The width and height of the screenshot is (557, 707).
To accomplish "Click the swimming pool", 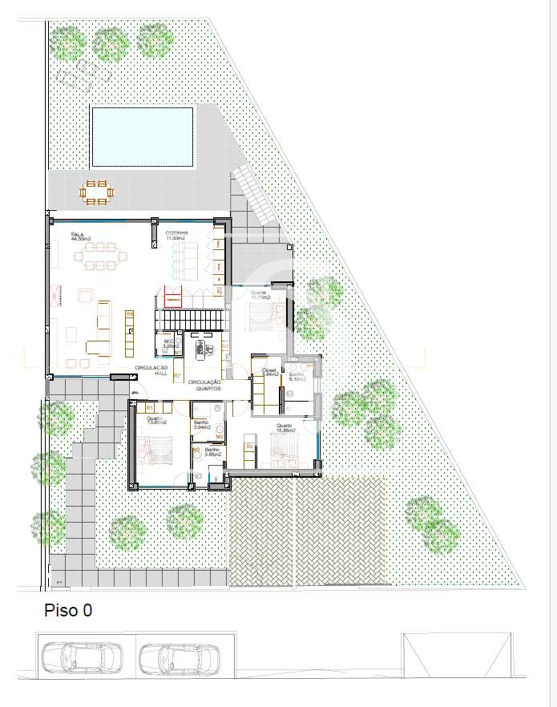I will [143, 135].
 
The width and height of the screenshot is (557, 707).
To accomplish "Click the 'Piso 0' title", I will [68, 611].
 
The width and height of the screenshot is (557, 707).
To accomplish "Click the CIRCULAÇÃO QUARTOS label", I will [205, 385].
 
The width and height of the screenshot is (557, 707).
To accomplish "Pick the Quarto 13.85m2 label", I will [155, 421].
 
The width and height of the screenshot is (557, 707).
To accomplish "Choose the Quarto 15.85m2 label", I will [285, 429].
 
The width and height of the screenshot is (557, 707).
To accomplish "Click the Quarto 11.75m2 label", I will [260, 296].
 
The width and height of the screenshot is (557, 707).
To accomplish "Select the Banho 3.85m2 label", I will [212, 452].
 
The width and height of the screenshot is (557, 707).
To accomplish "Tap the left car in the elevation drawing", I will [82, 658].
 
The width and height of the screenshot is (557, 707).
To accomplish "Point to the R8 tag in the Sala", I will [131, 313].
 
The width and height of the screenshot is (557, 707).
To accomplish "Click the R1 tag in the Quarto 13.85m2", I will [149, 408].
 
